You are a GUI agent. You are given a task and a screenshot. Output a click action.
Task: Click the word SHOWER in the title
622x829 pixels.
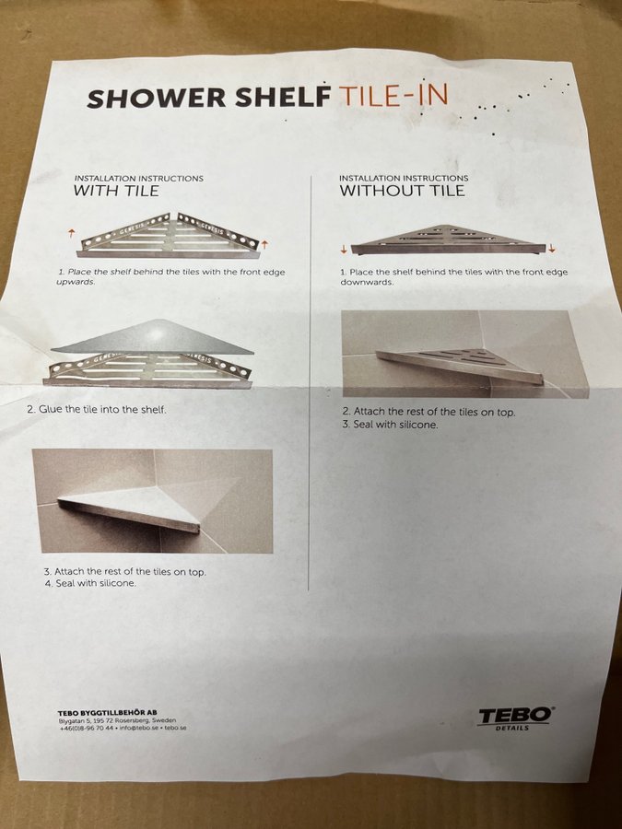pos(157,98)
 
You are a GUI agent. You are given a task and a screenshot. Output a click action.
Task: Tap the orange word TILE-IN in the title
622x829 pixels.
pos(393,96)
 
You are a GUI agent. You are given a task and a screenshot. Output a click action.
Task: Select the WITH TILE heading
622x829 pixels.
pos(116,191)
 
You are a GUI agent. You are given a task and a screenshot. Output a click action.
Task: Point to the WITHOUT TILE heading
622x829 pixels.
pos(402,191)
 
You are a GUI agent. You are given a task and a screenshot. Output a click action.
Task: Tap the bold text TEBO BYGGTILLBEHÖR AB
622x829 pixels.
pos(108,713)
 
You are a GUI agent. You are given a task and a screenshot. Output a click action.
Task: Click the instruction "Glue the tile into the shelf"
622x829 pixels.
pos(96,409)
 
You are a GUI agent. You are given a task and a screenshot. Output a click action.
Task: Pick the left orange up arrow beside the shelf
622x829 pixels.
pos(71,234)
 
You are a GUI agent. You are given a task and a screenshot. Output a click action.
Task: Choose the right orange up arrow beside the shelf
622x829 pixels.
pos(264,244)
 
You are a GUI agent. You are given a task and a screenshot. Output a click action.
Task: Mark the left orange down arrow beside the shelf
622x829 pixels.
pos(344,249)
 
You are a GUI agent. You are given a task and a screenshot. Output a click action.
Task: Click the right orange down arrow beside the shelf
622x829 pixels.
pos(552,248)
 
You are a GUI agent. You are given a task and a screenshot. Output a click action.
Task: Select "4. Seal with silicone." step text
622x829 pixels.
pos(90,584)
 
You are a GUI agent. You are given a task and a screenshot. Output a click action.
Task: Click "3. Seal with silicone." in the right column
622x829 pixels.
pos(391,424)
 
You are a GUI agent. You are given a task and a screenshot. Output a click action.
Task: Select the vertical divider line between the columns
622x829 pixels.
pos(310,383)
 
